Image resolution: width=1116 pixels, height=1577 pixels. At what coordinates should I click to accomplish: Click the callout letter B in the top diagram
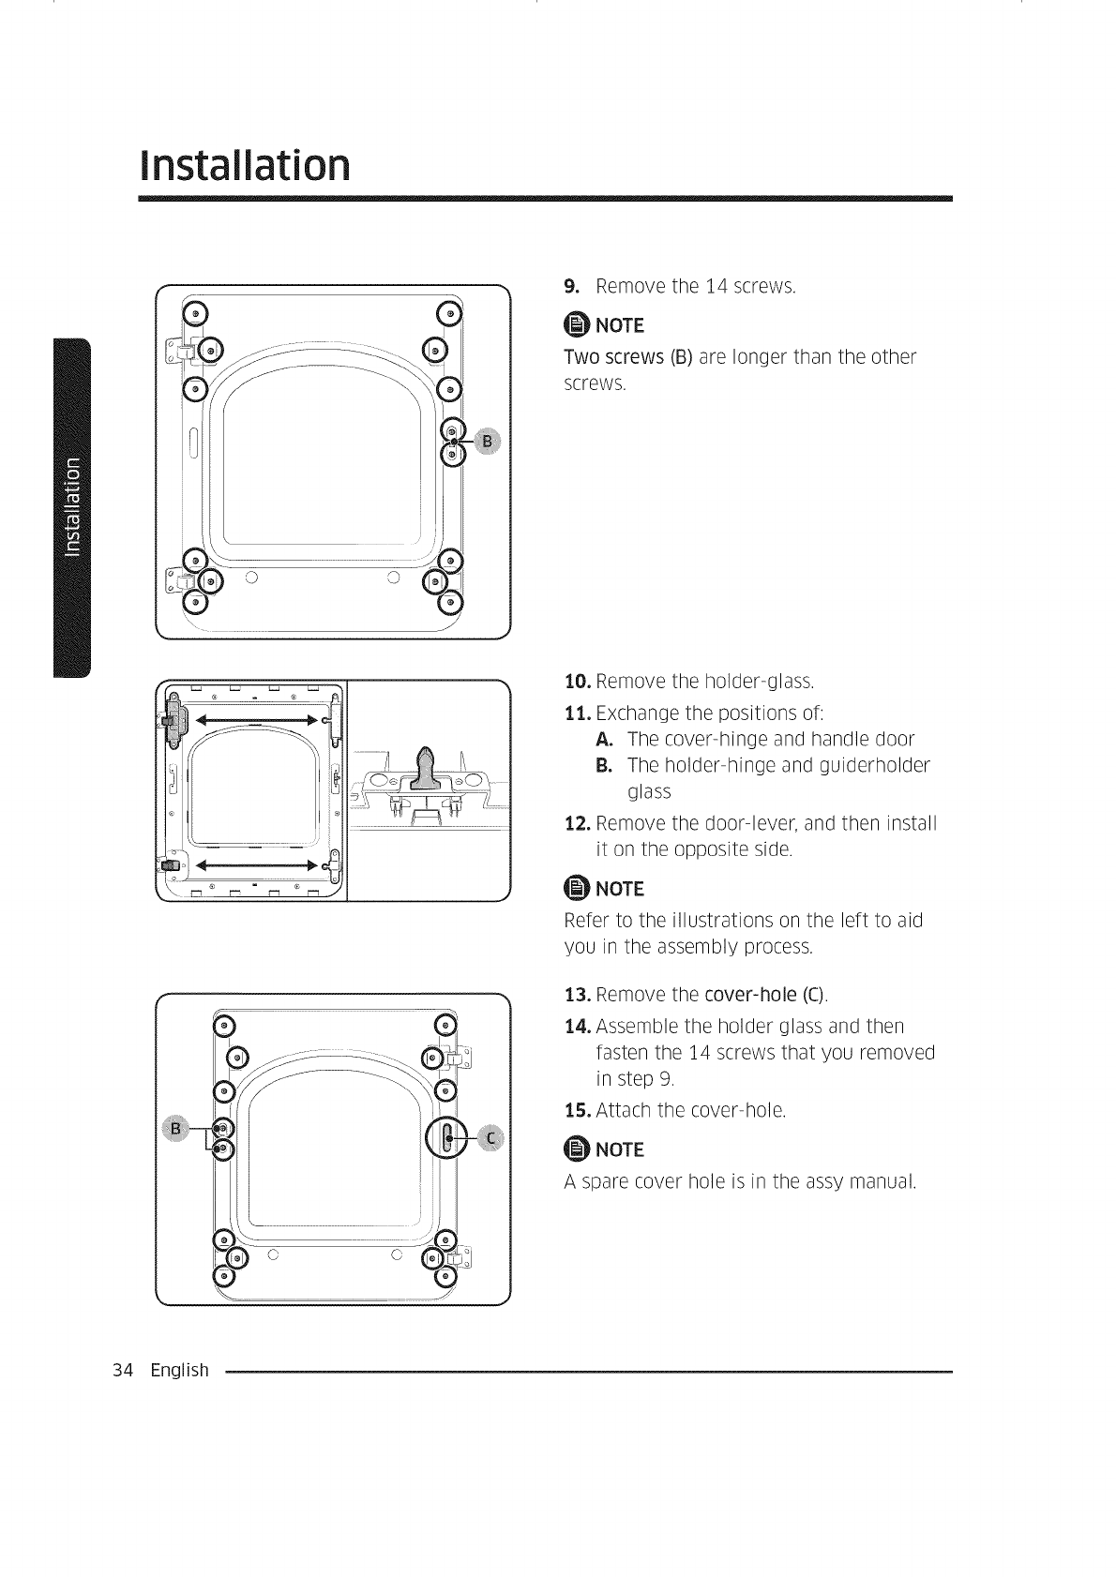pyautogui.click(x=487, y=441)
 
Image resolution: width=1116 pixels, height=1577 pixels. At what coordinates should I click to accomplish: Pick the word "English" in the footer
pyautogui.click(x=179, y=1370)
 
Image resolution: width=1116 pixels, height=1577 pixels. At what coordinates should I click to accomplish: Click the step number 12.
pyautogui.click(x=577, y=823)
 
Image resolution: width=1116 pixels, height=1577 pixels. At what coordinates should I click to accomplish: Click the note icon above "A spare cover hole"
pyautogui.click(x=574, y=1150)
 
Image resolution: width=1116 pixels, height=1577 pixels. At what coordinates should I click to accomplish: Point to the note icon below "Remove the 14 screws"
pyautogui.click(x=574, y=325)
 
